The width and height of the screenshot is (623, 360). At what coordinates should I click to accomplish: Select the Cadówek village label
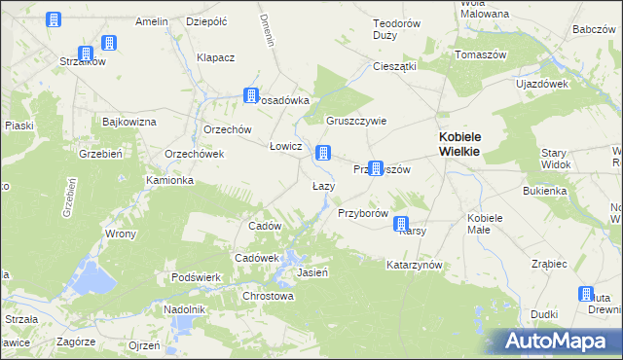[x=257, y=258]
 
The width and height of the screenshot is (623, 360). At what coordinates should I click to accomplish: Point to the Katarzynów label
[x=415, y=265]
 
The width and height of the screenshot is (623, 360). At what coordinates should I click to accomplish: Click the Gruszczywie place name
[x=356, y=122]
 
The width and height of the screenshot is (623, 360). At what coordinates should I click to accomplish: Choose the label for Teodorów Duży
[x=399, y=29]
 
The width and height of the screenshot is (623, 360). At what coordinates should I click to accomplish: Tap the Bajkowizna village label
[x=129, y=122]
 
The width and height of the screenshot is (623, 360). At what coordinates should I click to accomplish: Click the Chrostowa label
[x=268, y=296]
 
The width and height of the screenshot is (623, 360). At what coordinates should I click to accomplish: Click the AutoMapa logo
[x=559, y=341]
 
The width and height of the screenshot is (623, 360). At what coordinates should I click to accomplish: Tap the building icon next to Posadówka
[x=251, y=96]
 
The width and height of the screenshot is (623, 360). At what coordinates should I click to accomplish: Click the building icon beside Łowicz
[x=323, y=153]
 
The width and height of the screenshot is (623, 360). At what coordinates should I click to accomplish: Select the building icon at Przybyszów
[x=375, y=168]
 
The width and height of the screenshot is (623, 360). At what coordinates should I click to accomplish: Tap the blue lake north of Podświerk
[x=94, y=277]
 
